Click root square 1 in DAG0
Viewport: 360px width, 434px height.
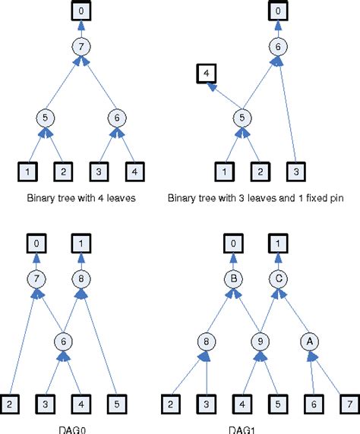point(82,243)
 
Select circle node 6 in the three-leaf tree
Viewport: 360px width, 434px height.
point(279,46)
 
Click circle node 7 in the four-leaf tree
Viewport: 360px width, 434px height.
point(82,46)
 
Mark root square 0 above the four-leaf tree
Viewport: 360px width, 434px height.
point(82,11)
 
